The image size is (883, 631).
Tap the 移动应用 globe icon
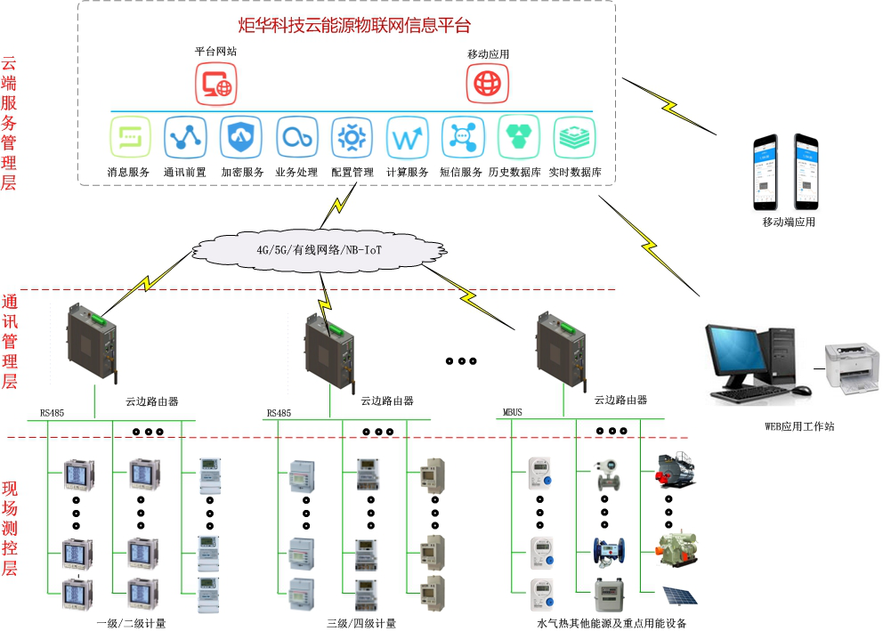[x=488, y=84]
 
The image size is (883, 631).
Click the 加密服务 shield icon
[x=241, y=138]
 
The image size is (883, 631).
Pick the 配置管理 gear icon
[x=352, y=138]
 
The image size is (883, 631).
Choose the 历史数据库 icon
[x=518, y=138]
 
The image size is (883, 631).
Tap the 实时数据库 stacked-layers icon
[x=574, y=138]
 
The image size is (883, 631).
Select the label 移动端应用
[x=788, y=222]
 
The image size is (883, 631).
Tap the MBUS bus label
[x=513, y=413]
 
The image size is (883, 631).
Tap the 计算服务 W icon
[x=408, y=138]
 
